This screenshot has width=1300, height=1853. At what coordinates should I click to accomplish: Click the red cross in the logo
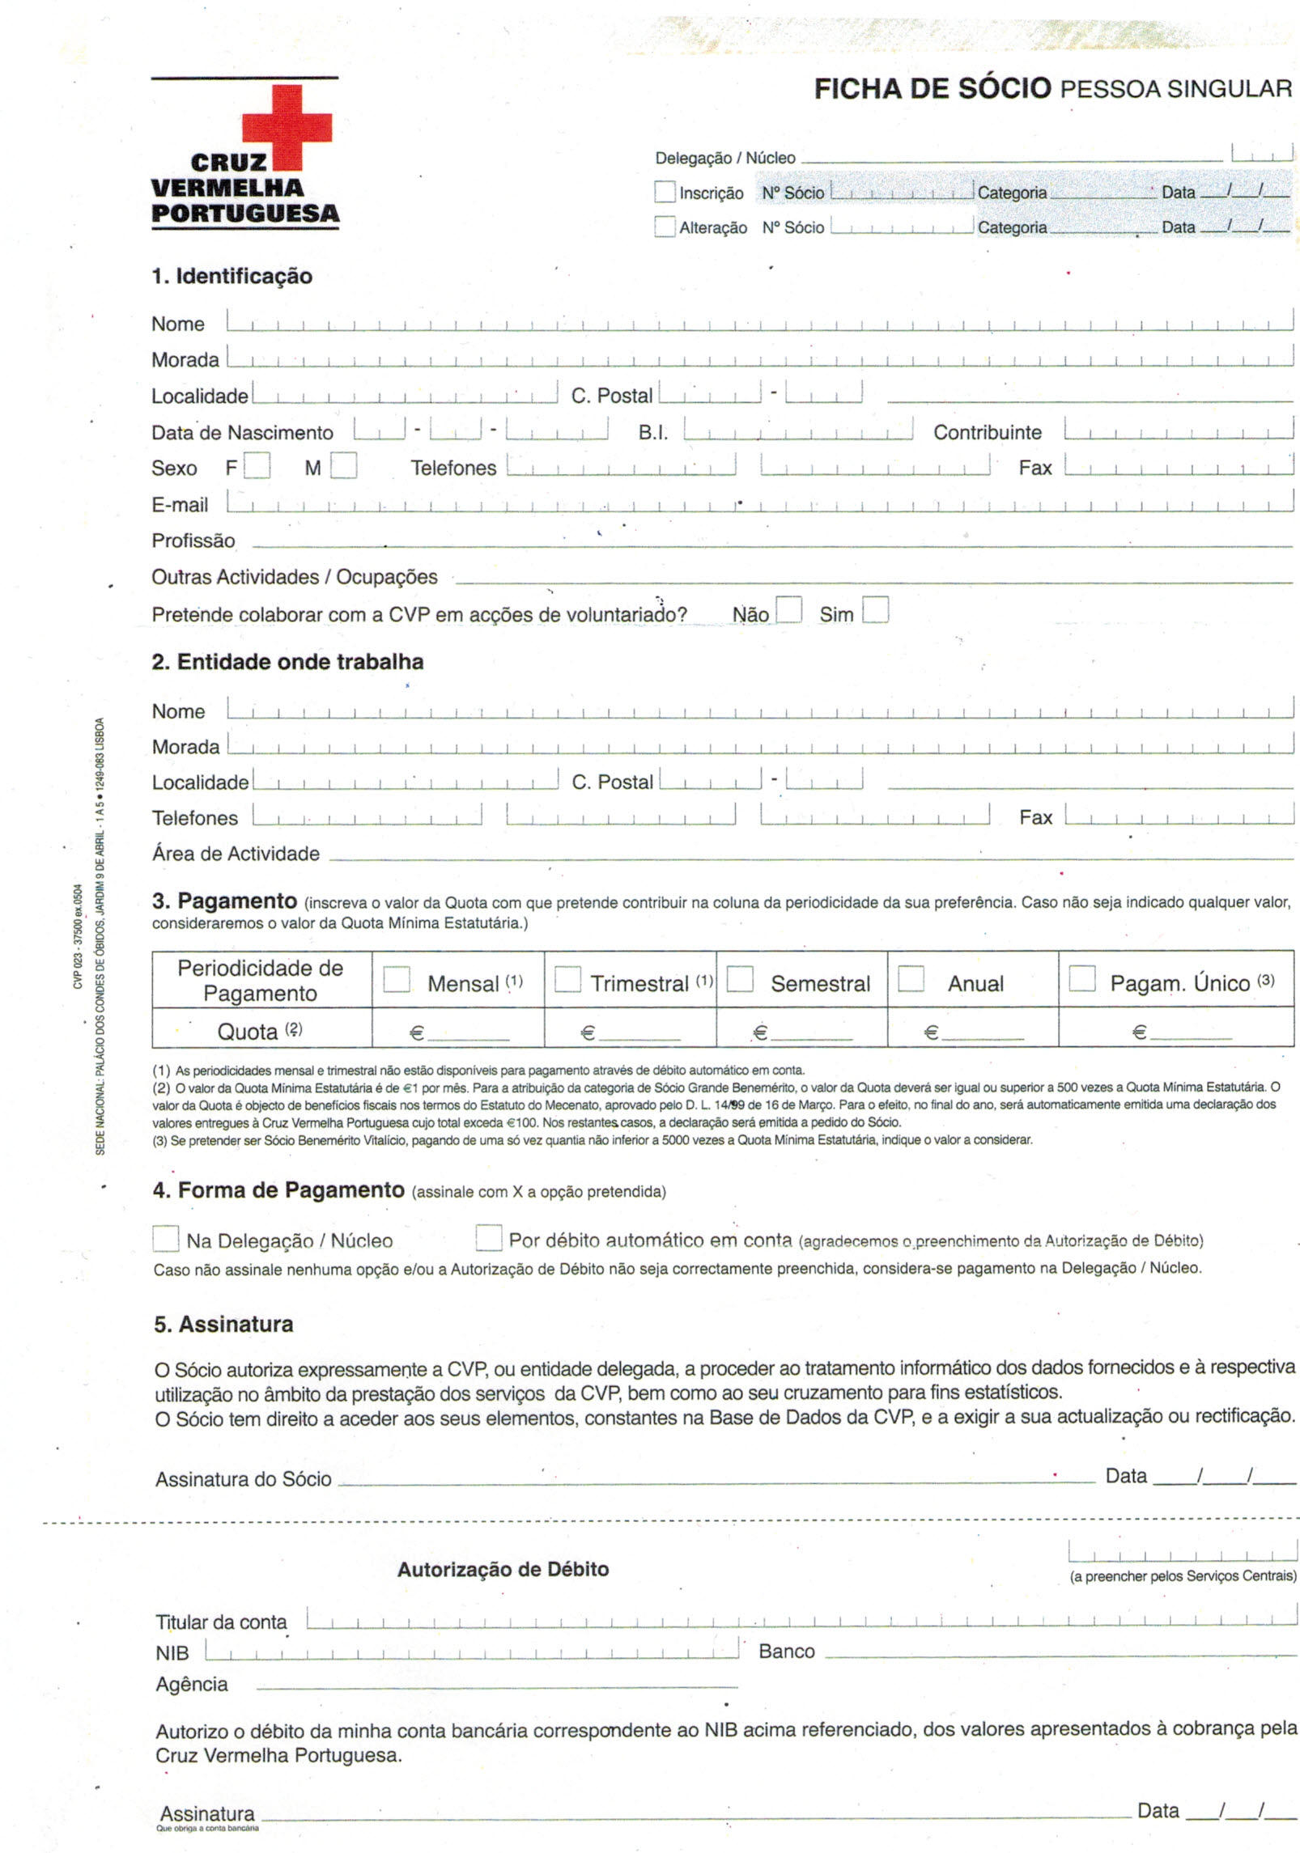tap(287, 126)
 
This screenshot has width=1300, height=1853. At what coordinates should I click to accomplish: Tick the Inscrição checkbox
tap(664, 192)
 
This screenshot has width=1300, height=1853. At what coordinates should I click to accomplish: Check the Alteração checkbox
tap(664, 227)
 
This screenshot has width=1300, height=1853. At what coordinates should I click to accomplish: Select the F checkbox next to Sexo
tap(257, 466)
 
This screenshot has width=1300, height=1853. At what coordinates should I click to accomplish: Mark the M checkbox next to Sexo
tap(343, 466)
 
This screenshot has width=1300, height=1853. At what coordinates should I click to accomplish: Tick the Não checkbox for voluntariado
tap(788, 609)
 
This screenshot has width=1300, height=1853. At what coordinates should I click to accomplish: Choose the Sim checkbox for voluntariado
tap(875, 609)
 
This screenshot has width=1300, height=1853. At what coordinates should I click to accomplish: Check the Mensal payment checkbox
tap(397, 979)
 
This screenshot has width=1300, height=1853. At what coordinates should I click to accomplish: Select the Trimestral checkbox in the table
tap(567, 979)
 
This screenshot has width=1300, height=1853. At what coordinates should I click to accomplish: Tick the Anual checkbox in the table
tap(911, 979)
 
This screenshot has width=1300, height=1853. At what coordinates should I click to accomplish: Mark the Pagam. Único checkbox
tap(1081, 979)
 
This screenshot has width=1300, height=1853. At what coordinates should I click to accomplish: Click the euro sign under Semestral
tap(759, 1032)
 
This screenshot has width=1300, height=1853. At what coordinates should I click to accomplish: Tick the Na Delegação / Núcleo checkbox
tap(166, 1239)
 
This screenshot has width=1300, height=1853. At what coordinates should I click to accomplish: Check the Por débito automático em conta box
tap(488, 1238)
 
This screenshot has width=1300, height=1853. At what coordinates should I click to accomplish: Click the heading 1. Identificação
tap(232, 276)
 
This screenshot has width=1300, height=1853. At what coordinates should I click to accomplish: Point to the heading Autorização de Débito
tap(503, 1569)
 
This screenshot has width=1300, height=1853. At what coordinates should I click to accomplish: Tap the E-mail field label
tap(180, 505)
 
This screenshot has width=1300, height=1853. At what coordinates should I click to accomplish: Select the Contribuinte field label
tap(987, 432)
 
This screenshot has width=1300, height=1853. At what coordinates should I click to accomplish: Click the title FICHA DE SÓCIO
tap(932, 88)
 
